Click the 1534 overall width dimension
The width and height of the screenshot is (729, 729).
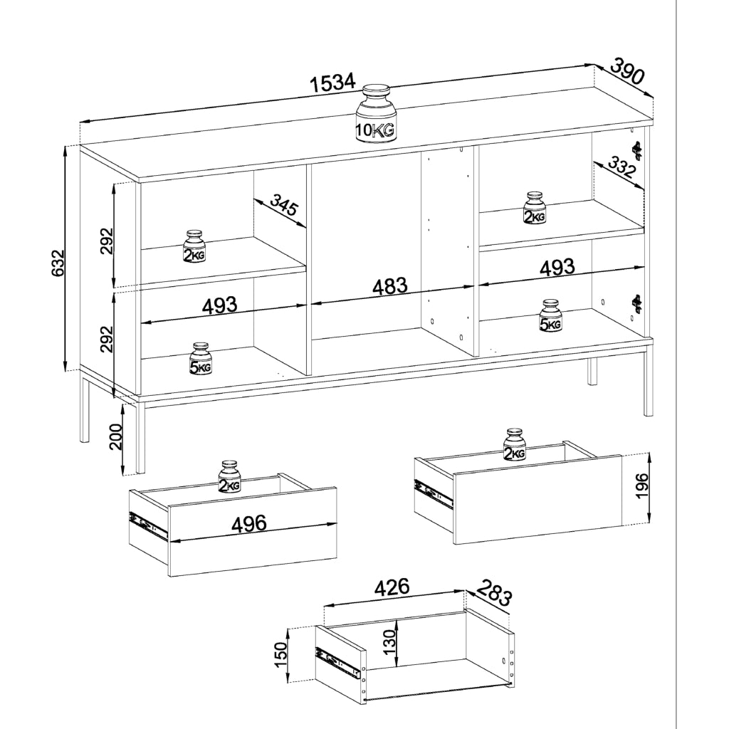[x=333, y=83]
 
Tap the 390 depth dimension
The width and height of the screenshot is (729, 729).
[x=627, y=70]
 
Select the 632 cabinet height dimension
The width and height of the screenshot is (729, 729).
[x=57, y=263]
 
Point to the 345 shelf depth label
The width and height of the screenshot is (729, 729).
[x=283, y=205]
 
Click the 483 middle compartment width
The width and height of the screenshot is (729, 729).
[x=390, y=286]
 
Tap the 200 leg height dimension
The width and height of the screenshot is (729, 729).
[x=115, y=436]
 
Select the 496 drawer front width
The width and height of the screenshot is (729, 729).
[x=249, y=523]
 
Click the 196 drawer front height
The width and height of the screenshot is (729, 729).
[x=642, y=486]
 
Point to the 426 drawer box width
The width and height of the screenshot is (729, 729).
[x=392, y=587]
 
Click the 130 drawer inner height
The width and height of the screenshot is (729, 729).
[x=391, y=642]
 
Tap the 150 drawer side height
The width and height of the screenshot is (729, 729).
[x=281, y=654]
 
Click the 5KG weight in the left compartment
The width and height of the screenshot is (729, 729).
[x=200, y=360]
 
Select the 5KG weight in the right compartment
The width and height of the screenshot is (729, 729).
[x=550, y=315]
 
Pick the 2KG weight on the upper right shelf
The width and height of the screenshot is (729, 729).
[x=535, y=209]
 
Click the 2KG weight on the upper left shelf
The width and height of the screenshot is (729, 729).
[x=194, y=246]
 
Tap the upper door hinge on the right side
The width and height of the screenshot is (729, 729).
[x=636, y=150]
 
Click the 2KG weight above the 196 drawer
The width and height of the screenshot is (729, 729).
[x=514, y=445]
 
